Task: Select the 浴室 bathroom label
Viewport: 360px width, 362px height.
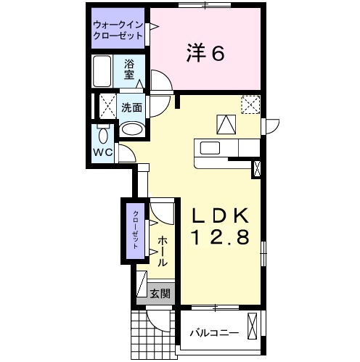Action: point(129,69)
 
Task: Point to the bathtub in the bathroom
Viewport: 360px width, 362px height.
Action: point(102,71)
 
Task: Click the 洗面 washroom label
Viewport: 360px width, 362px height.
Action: point(131,107)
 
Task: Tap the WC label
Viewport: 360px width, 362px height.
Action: point(101,152)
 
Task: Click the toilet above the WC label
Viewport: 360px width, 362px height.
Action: point(102,135)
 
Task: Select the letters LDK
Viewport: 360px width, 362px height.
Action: point(221,215)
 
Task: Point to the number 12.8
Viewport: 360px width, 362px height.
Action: point(221,236)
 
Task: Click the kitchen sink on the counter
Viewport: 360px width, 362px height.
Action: point(210,148)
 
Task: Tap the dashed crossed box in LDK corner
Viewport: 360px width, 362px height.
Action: point(250,104)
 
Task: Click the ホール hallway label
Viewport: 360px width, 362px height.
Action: point(162,250)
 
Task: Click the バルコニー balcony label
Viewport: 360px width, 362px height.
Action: point(213,333)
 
